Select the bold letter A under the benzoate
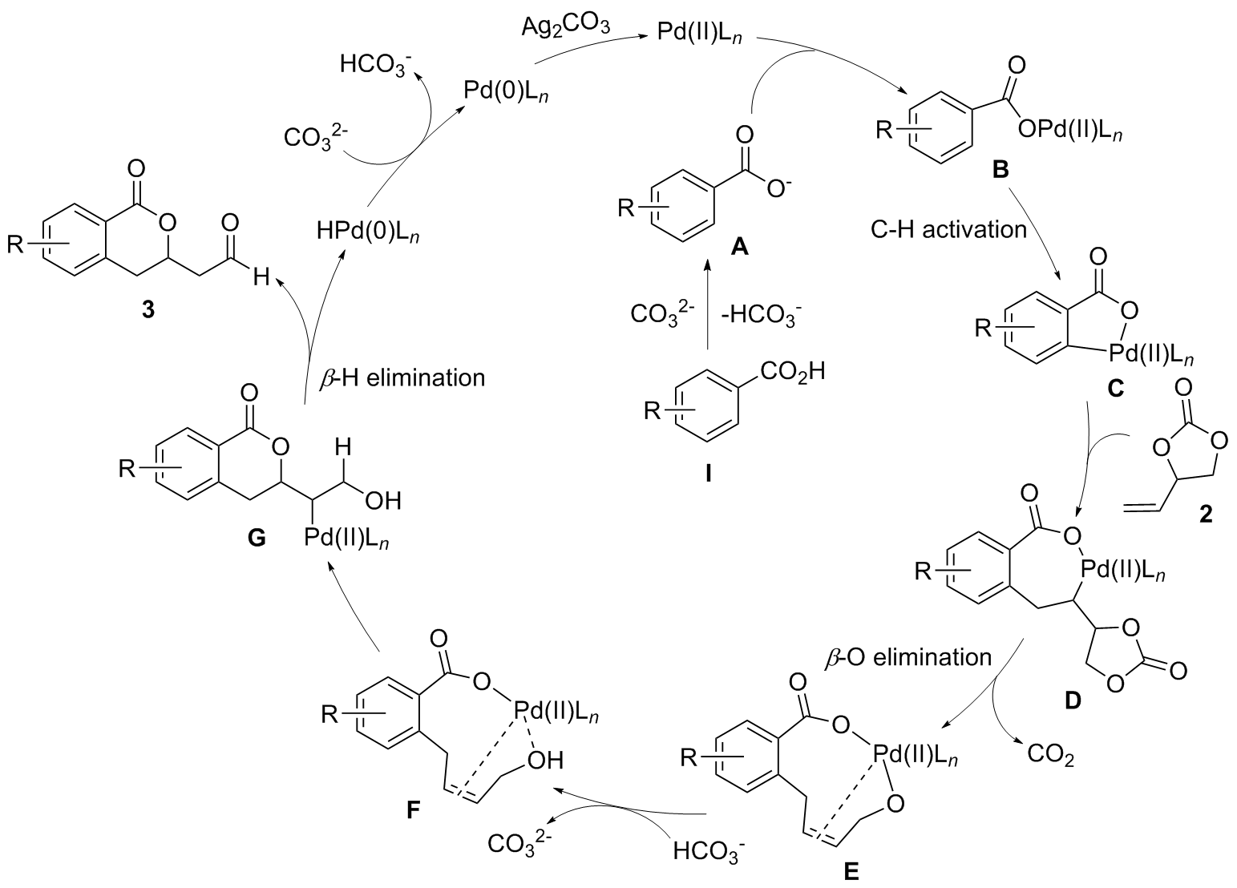738,248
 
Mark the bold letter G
258,539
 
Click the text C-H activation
948,230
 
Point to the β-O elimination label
908,658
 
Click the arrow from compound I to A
708,309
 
